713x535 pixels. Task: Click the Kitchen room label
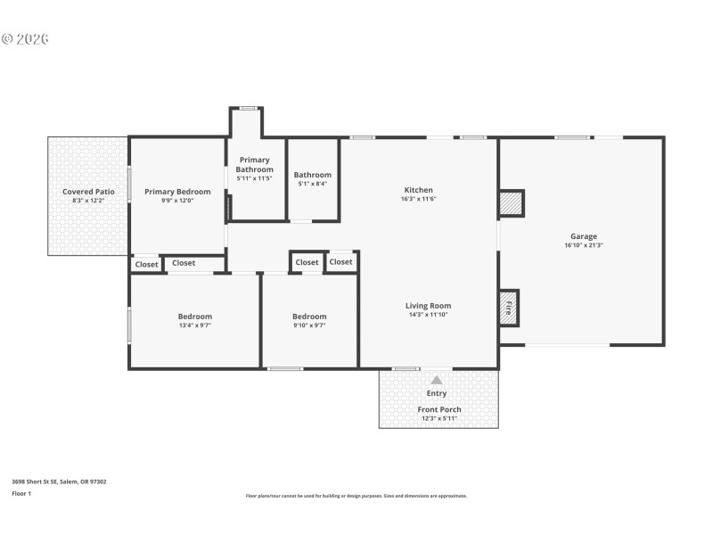pyautogui.click(x=419, y=190)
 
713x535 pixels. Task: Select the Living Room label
pyautogui.click(x=429, y=306)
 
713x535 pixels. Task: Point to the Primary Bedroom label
pyautogui.click(x=177, y=192)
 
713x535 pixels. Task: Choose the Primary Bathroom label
pyautogui.click(x=254, y=165)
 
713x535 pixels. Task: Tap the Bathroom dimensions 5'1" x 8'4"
pyautogui.click(x=312, y=184)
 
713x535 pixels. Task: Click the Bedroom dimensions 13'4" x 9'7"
pyautogui.click(x=194, y=325)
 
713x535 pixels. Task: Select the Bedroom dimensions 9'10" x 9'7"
pyautogui.click(x=309, y=325)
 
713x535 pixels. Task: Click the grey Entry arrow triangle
pyautogui.click(x=437, y=380)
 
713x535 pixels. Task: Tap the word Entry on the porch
pyautogui.click(x=437, y=393)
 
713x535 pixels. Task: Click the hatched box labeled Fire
pyautogui.click(x=508, y=309)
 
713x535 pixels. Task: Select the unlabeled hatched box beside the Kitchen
pyautogui.click(x=511, y=203)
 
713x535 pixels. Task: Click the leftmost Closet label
pyautogui.click(x=146, y=265)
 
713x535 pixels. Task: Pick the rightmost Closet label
pyautogui.click(x=340, y=262)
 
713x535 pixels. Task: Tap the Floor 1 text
pyautogui.click(x=21, y=493)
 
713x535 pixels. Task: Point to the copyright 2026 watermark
pyautogui.click(x=25, y=39)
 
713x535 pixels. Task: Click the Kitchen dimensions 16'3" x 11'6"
pyautogui.click(x=419, y=199)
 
